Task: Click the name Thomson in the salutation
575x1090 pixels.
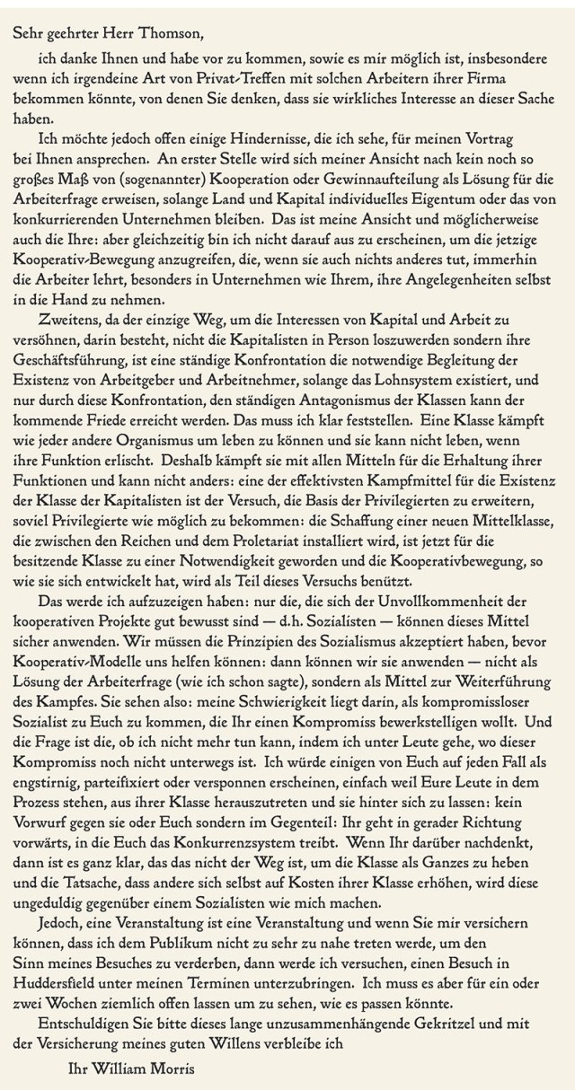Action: pos(172,34)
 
